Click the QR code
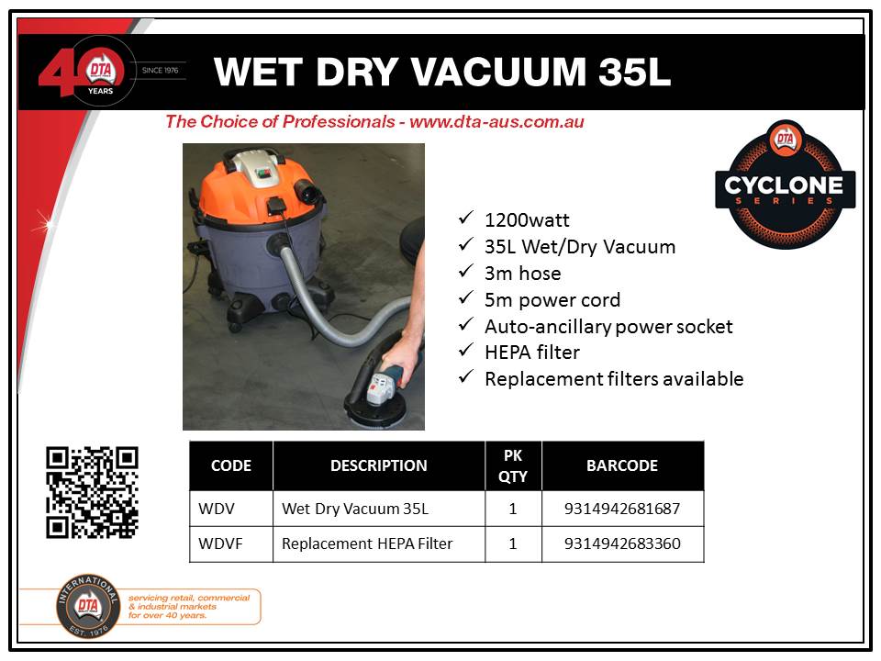point(92,492)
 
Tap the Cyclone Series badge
point(785,185)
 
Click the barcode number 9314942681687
point(622,509)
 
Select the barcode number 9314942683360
point(622,543)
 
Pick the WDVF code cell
point(231,544)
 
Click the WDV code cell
point(231,509)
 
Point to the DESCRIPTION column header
point(379,465)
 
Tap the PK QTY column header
point(513,466)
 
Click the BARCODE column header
point(622,465)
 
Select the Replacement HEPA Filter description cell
point(379,544)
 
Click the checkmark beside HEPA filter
point(466,350)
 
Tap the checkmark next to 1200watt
point(466,218)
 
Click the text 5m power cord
point(552,300)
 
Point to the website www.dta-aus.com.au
point(496,121)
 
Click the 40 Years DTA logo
point(84,71)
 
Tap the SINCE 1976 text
point(160,71)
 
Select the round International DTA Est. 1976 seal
point(88,606)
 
